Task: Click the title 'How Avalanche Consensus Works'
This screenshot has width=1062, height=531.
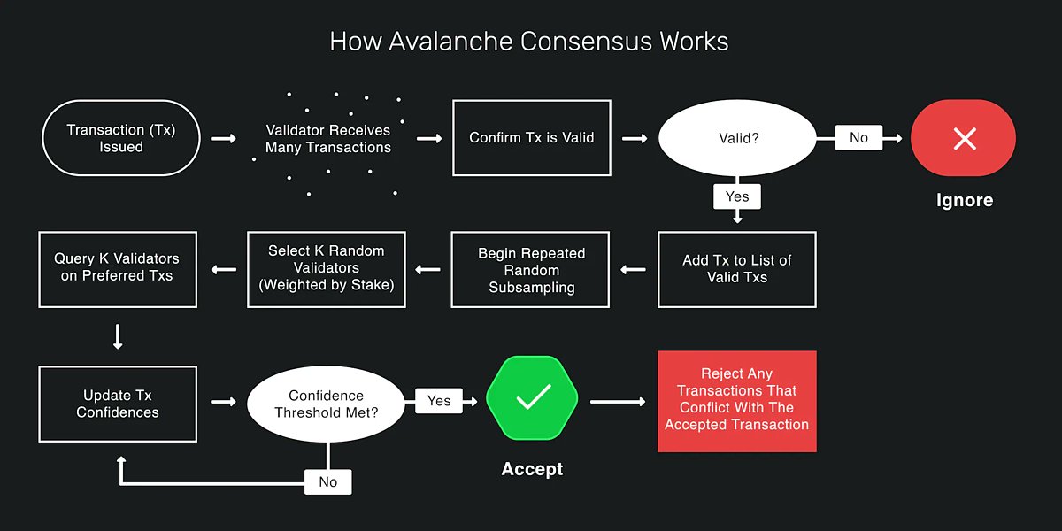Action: point(529,42)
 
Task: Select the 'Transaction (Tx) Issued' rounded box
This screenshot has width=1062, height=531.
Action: point(121,138)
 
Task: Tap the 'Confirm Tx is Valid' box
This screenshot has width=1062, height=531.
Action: point(531,138)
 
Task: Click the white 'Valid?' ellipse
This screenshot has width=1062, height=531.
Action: point(737,138)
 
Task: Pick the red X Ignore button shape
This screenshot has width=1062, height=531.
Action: point(964,138)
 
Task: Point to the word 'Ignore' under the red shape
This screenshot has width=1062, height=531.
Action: point(964,200)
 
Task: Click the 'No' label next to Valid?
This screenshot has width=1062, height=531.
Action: point(858,138)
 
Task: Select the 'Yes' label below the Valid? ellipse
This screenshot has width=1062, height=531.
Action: point(737,196)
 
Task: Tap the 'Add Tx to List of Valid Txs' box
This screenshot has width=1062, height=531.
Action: point(737,269)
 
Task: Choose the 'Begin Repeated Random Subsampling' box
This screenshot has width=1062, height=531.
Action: point(531,269)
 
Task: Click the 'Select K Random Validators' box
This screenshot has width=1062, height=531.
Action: point(327,269)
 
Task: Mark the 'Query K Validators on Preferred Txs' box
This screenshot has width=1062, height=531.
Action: point(118,269)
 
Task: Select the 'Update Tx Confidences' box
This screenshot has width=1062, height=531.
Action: point(118,404)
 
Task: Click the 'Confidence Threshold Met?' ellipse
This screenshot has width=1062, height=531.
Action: point(327,404)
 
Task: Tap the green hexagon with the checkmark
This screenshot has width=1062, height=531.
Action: point(532,398)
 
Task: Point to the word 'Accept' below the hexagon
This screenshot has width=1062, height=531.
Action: point(532,469)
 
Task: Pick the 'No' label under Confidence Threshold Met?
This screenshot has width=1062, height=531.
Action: point(327,482)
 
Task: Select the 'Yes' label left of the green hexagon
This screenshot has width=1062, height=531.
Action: point(439,401)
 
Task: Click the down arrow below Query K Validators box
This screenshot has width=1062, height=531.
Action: point(118,336)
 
